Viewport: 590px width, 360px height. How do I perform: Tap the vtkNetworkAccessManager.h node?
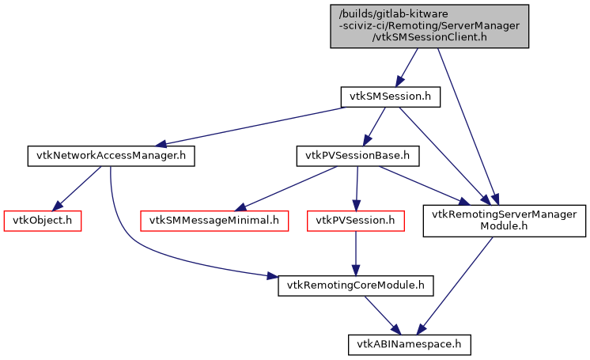point(111,156)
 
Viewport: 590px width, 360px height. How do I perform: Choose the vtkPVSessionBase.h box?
point(357,156)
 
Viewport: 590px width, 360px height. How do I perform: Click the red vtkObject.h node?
point(43,220)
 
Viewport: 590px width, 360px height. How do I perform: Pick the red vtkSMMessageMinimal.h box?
point(214,220)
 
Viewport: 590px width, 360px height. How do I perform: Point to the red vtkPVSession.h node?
point(355,220)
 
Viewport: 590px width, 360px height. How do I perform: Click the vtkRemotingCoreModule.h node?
point(356,285)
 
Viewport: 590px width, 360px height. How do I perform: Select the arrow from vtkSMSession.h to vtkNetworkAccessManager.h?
point(253,127)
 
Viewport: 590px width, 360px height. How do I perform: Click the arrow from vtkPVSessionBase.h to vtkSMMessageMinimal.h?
point(285,188)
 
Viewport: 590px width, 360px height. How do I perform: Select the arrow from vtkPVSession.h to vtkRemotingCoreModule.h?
point(356,253)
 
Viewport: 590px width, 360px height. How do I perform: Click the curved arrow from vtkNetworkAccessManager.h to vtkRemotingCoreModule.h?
point(127,237)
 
